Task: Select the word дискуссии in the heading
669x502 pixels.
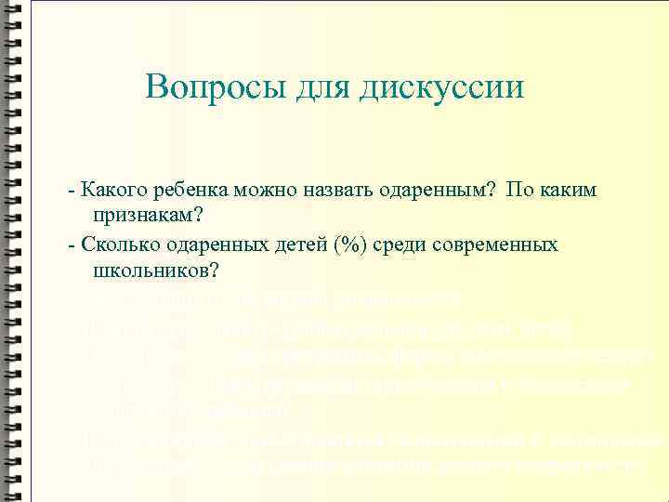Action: (442, 89)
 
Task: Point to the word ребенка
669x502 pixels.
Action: (186, 191)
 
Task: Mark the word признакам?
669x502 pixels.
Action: (148, 218)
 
